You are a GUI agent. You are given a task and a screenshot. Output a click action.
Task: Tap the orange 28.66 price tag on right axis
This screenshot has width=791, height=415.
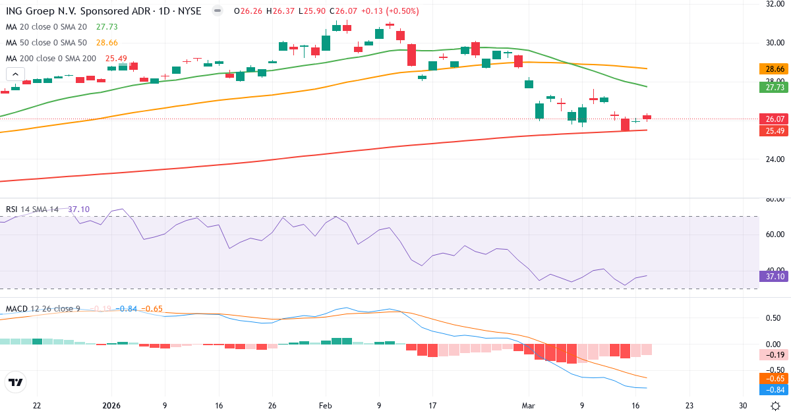pyautogui.click(x=771, y=69)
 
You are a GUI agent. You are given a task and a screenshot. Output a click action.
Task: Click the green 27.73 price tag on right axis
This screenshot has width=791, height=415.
pyautogui.click(x=771, y=87)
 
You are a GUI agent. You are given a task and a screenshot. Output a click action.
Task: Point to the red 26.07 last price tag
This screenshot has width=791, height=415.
pyautogui.click(x=771, y=119)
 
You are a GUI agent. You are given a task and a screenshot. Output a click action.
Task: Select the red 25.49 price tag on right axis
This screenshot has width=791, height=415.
pyautogui.click(x=771, y=131)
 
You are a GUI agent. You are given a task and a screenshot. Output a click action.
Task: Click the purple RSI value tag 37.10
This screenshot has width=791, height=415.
pyautogui.click(x=771, y=277)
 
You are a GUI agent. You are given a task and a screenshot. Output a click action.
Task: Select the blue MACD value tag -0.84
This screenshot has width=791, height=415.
pyautogui.click(x=771, y=390)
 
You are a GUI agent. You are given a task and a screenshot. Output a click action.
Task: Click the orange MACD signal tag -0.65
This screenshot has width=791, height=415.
pyautogui.click(x=771, y=379)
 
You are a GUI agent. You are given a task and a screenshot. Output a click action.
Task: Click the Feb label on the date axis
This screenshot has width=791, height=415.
pyautogui.click(x=324, y=406)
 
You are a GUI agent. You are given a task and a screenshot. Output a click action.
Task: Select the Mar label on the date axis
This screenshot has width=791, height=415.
pyautogui.click(x=528, y=406)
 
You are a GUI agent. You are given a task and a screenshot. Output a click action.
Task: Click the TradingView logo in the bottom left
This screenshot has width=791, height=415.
pyautogui.click(x=15, y=382)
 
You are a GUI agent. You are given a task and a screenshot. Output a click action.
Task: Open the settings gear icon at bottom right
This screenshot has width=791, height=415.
pyautogui.click(x=776, y=406)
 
